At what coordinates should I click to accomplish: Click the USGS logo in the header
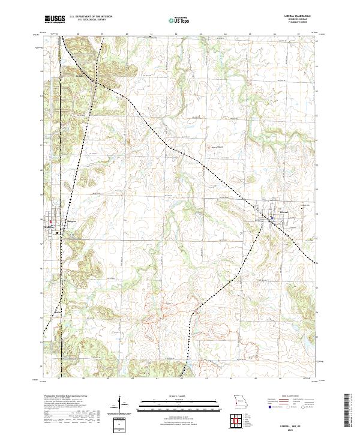tap(55, 20)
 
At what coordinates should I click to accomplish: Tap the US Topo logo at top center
tap(180, 20)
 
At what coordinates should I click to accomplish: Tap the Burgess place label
tap(70, 221)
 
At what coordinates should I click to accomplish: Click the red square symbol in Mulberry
tap(51, 221)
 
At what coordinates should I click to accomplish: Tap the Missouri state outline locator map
tap(240, 400)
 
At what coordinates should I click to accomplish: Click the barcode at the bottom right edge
tap(347, 410)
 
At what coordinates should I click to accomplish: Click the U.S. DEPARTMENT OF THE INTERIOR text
tap(88, 17)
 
